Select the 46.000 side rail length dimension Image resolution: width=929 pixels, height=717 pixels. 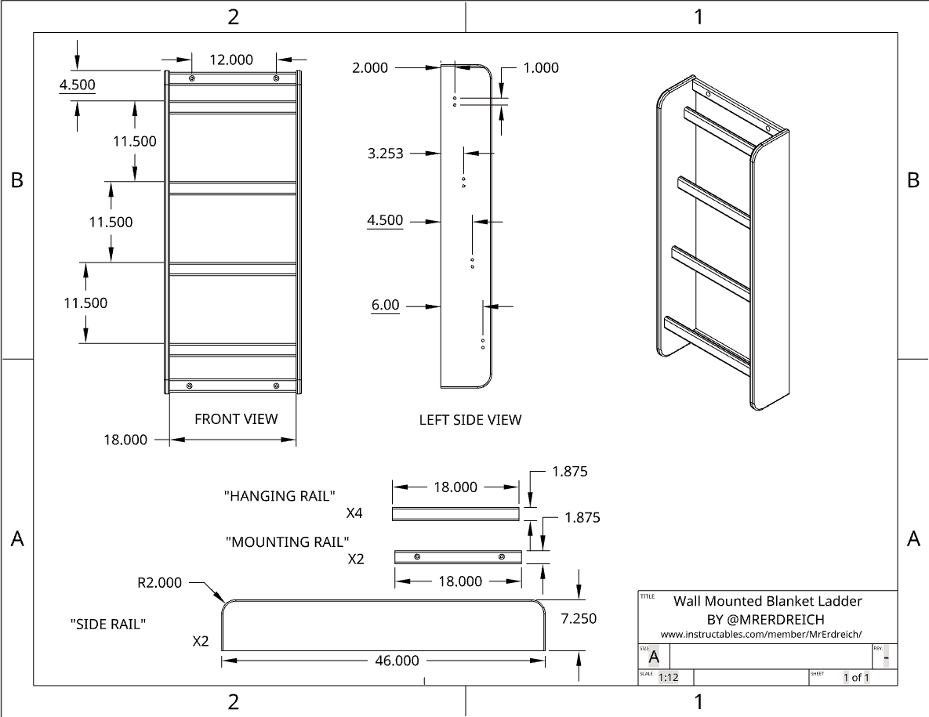click(x=397, y=661)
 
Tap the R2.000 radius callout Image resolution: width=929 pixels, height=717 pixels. click(x=159, y=582)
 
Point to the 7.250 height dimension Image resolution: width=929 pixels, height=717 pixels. click(x=579, y=618)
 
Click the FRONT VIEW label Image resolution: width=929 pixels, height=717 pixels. click(x=236, y=419)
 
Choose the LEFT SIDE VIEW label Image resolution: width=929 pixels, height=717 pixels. click(x=470, y=420)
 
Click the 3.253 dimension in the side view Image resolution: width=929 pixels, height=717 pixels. click(x=386, y=154)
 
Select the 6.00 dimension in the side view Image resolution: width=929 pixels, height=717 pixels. click(x=385, y=305)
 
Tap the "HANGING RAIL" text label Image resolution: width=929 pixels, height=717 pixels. click(x=280, y=496)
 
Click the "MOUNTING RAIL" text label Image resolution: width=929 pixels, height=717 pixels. click(x=287, y=541)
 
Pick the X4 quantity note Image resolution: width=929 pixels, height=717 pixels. click(x=354, y=514)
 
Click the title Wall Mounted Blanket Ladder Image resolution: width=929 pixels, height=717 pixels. click(x=768, y=601)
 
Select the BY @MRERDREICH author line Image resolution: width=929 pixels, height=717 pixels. click(x=766, y=619)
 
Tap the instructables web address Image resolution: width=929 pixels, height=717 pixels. click(x=766, y=634)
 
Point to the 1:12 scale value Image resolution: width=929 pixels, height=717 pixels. click(x=668, y=678)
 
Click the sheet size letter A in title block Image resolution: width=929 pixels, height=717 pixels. click(x=654, y=657)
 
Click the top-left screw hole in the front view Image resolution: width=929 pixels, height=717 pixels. click(x=192, y=79)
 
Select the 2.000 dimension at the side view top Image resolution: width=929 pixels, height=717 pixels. click(x=370, y=68)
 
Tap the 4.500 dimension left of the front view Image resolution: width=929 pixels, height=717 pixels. click(x=78, y=85)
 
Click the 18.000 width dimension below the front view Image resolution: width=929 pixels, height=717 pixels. click(x=125, y=440)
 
